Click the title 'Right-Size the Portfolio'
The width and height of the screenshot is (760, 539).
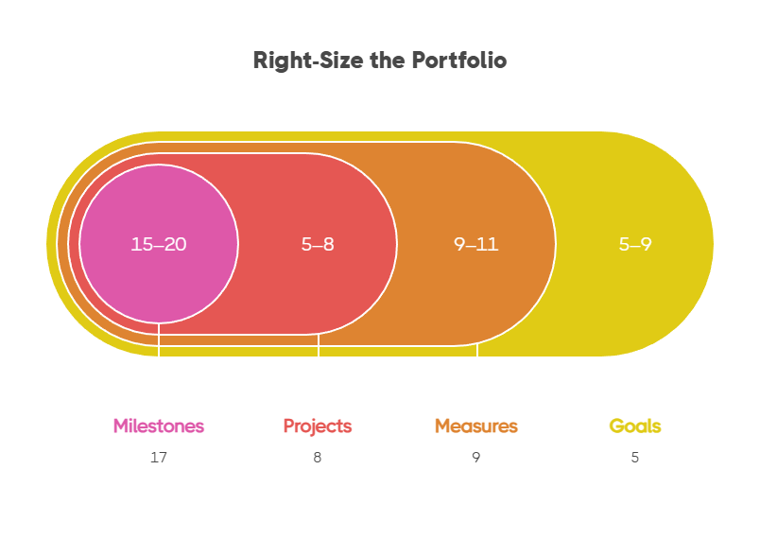379,61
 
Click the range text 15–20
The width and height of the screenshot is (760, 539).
159,244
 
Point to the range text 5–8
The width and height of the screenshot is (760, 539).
318,244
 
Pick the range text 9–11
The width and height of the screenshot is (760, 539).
476,244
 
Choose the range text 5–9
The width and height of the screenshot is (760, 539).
635,244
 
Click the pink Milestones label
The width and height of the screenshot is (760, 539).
159,426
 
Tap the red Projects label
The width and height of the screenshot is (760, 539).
318,426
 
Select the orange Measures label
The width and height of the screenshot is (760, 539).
476,426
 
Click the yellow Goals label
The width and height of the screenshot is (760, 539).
635,426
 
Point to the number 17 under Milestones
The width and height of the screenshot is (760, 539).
159,458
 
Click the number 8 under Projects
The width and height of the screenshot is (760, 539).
318,458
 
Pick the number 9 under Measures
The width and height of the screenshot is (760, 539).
476,458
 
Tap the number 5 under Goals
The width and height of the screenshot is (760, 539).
635,458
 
